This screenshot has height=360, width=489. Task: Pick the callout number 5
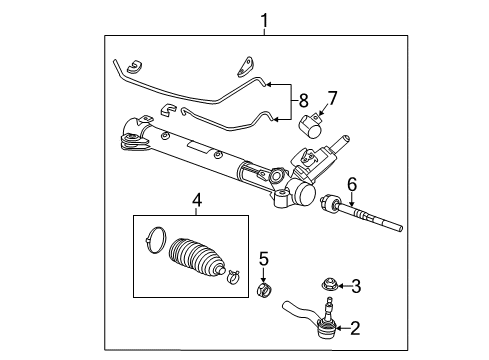coord(263,261)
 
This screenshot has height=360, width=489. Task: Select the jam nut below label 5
coord(264,291)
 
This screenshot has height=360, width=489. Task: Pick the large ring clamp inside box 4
coord(157,241)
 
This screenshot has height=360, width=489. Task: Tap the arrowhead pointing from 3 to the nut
coord(339,287)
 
